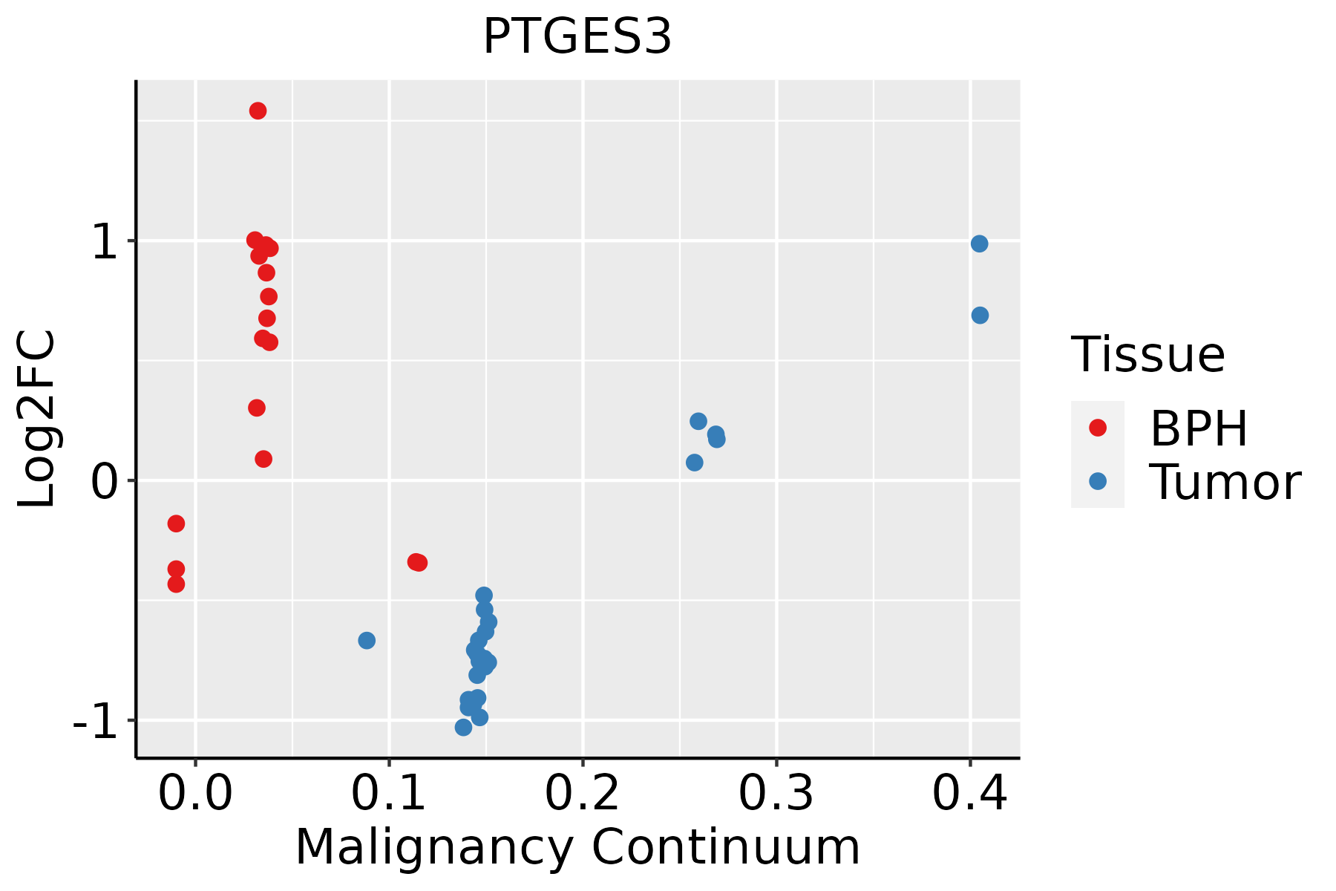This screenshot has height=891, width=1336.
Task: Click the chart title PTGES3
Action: [577, 37]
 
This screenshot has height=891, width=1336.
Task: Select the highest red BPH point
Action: [258, 111]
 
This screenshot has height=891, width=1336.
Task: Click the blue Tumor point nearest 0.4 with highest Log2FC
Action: [979, 244]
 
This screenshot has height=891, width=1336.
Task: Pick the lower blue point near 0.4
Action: [980, 316]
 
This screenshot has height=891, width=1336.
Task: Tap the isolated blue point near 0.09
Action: [367, 640]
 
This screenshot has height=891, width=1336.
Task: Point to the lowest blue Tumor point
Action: [463, 727]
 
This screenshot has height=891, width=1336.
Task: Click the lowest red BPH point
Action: [176, 584]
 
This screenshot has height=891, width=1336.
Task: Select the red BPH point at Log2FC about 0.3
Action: [257, 408]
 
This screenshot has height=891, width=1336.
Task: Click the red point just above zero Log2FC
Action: [263, 459]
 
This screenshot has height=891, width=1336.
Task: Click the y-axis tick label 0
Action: [106, 482]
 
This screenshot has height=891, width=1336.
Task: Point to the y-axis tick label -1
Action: [96, 722]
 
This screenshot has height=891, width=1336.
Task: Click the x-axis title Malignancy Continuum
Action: [577, 848]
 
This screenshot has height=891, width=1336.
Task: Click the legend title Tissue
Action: [1148, 355]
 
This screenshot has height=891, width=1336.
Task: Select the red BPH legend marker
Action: [1097, 428]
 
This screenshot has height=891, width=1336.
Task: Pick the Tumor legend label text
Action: [1225, 483]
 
